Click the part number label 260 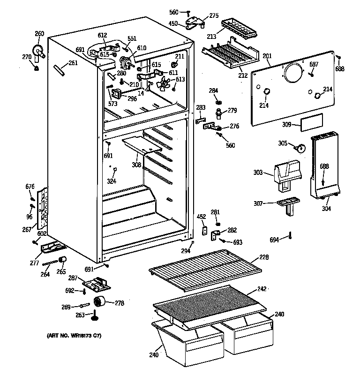[x=39, y=33]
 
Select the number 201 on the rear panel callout [x=267, y=57]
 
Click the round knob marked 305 [x=300, y=148]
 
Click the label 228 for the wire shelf [x=264, y=257]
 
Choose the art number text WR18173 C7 [x=74, y=336]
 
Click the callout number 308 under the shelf [x=135, y=165]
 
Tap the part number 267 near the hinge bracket [x=27, y=230]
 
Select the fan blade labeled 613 [x=164, y=84]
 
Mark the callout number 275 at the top [x=214, y=15]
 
